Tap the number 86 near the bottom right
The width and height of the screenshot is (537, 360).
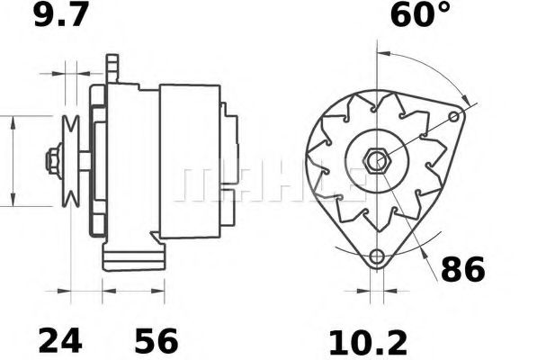tap(462, 269)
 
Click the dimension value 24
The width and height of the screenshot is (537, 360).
tap(60, 341)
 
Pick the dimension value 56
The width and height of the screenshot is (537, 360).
tap(156, 341)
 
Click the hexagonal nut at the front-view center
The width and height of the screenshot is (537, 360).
tap(376, 162)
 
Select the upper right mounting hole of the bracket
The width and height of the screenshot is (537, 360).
tap(456, 116)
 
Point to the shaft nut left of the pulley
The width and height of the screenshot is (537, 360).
tap(51, 162)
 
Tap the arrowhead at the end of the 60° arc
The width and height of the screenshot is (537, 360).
tap(463, 96)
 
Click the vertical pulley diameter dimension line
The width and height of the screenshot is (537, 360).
tap(13, 162)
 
